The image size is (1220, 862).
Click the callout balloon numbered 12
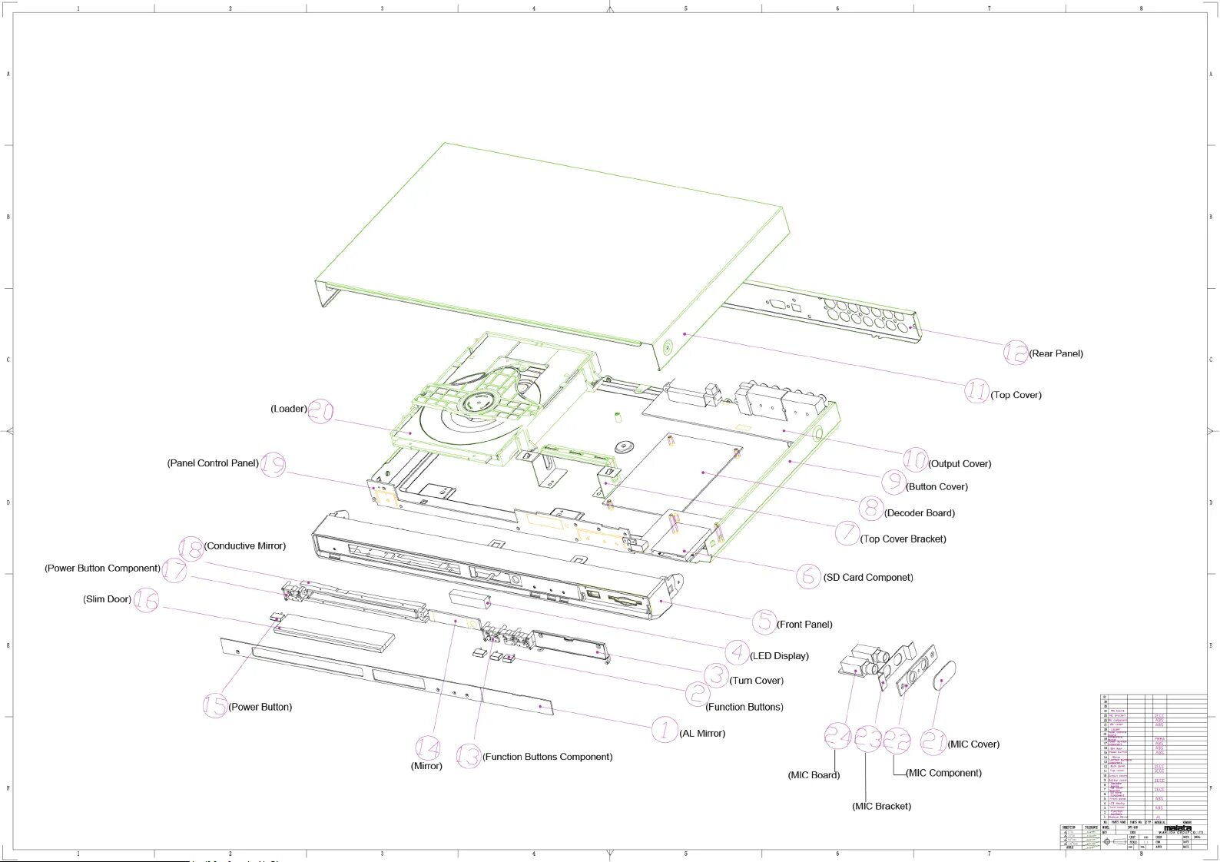point(1016,353)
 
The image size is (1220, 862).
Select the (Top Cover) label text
point(1016,395)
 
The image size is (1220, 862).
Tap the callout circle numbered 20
point(320,410)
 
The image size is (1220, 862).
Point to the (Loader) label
point(289,409)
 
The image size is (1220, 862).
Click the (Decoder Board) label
point(920,513)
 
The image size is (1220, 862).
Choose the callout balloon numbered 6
point(808,575)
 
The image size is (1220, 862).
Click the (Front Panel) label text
point(804,625)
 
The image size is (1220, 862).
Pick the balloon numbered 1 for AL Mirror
point(665,730)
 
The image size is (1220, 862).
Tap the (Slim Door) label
point(107,599)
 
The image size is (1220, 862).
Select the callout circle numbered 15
point(215,705)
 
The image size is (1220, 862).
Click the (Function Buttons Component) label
point(548,757)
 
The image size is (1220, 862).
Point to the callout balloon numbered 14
point(428,748)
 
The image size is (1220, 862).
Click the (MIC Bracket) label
point(881,806)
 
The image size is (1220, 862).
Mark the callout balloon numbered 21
point(933,741)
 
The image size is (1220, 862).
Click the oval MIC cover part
point(943,675)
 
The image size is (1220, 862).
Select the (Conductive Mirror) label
point(245,546)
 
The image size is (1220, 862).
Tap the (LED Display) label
point(779,656)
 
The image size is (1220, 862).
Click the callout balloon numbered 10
point(915,459)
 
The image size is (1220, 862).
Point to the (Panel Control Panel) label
point(213,463)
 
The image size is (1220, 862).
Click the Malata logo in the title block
point(1177,829)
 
